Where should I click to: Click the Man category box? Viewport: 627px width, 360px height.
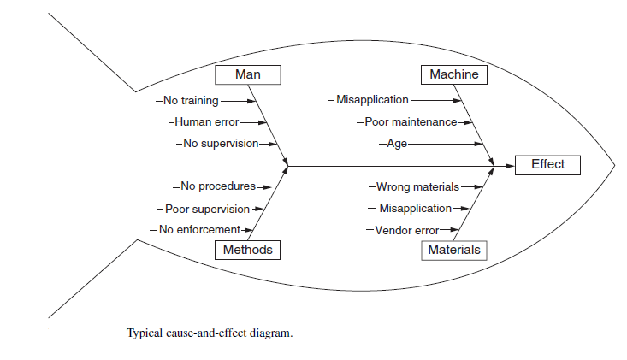[x=248, y=75]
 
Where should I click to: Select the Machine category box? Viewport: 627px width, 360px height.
[x=454, y=75]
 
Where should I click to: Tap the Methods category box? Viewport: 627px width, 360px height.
[x=248, y=250]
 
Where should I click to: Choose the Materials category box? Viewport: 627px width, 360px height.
[x=454, y=250]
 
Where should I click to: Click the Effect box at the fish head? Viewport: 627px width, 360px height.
[x=547, y=165]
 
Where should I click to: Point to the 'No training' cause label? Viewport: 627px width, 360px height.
[x=190, y=100]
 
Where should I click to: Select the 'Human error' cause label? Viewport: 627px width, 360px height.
[x=206, y=121]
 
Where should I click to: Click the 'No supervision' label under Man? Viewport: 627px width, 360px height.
[x=220, y=143]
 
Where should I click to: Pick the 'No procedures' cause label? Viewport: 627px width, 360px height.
[x=216, y=186]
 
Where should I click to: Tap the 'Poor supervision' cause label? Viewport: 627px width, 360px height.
[x=206, y=208]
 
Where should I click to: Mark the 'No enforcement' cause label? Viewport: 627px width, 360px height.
[x=198, y=229]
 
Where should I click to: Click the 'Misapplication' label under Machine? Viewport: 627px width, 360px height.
[x=371, y=100]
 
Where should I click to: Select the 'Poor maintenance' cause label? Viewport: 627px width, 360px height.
[x=409, y=121]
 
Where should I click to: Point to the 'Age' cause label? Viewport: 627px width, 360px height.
[x=396, y=143]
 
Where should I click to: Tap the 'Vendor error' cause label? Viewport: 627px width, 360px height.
[x=405, y=229]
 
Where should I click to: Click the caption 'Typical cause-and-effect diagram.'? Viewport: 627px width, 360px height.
[x=210, y=333]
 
